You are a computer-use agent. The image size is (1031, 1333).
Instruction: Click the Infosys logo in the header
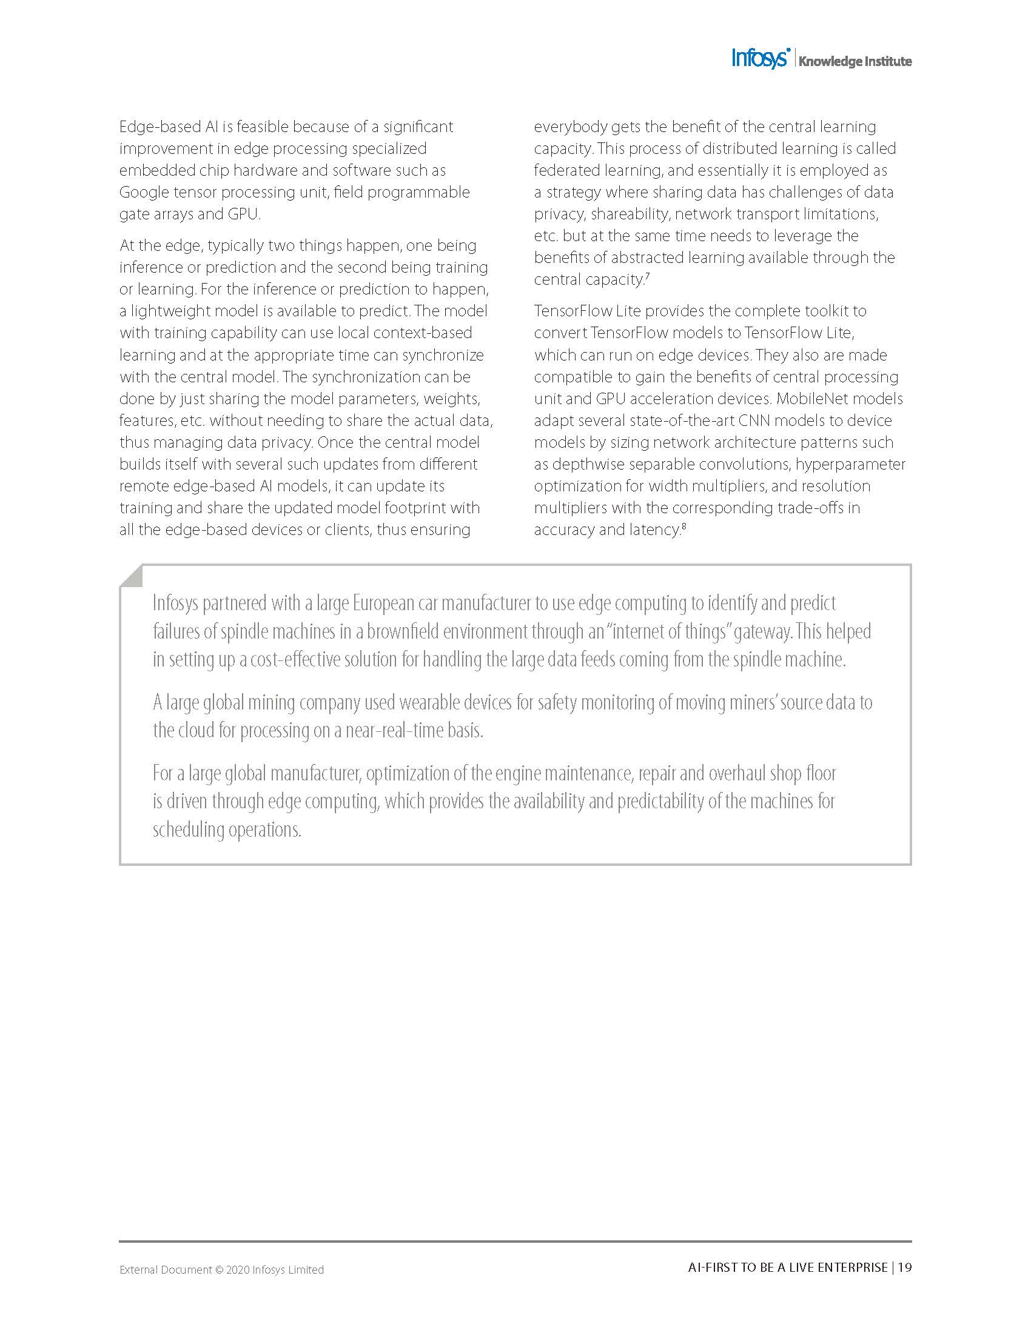tap(761, 59)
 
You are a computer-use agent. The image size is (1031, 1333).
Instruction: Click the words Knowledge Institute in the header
tap(855, 61)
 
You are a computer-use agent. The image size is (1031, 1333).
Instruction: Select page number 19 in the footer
tap(905, 1267)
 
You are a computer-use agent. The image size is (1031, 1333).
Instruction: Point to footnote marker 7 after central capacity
tap(647, 276)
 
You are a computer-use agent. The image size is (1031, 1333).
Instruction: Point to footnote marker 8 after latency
tap(683, 526)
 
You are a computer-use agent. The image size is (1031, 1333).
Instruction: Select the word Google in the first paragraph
tap(144, 192)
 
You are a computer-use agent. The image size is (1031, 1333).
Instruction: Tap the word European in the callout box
tap(383, 603)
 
